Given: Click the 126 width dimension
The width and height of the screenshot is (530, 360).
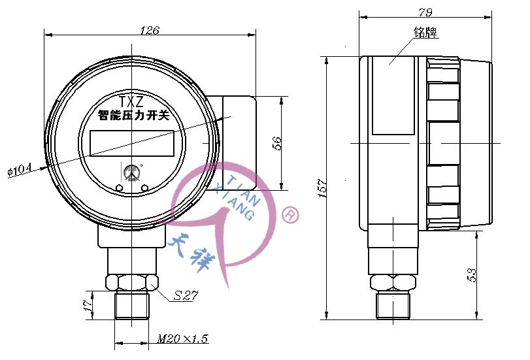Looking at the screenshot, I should pyautogui.click(x=150, y=30).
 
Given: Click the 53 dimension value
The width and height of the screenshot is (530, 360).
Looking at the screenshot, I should pyautogui.click(x=472, y=274).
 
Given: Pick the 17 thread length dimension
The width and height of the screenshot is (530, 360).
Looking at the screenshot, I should pyautogui.click(x=87, y=305).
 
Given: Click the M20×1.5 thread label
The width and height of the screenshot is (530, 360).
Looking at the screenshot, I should pyautogui.click(x=182, y=339).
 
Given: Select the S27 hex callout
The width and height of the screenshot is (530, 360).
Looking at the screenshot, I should pyautogui.click(x=186, y=295).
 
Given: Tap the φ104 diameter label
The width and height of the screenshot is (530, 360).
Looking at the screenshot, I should pyautogui.click(x=19, y=171).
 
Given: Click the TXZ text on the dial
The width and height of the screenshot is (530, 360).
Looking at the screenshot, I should pyautogui.click(x=131, y=102).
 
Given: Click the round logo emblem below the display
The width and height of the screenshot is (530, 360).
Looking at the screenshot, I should pyautogui.click(x=132, y=172).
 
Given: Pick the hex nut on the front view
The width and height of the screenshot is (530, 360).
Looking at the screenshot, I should pyautogui.click(x=132, y=282).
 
